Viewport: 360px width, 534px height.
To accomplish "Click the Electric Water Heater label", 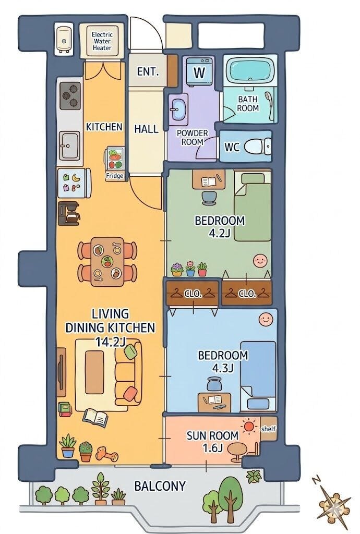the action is [102, 41].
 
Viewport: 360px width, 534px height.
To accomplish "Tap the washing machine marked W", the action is [199, 71].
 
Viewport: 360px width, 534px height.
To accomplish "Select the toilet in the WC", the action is [258, 147].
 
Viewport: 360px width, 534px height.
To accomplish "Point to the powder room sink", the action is [178, 110].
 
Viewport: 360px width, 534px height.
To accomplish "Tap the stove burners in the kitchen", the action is [70, 96].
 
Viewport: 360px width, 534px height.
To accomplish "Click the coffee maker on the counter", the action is [69, 213].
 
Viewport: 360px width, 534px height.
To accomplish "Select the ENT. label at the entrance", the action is [148, 72].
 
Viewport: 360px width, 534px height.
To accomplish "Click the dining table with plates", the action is [107, 261].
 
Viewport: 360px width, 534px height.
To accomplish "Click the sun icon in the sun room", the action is [249, 426].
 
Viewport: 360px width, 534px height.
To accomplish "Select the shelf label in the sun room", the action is [268, 429].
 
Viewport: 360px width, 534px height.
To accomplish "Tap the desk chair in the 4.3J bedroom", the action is [213, 384].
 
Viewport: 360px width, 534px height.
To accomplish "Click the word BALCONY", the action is [160, 486].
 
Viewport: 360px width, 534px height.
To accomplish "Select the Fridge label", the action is [114, 176].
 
